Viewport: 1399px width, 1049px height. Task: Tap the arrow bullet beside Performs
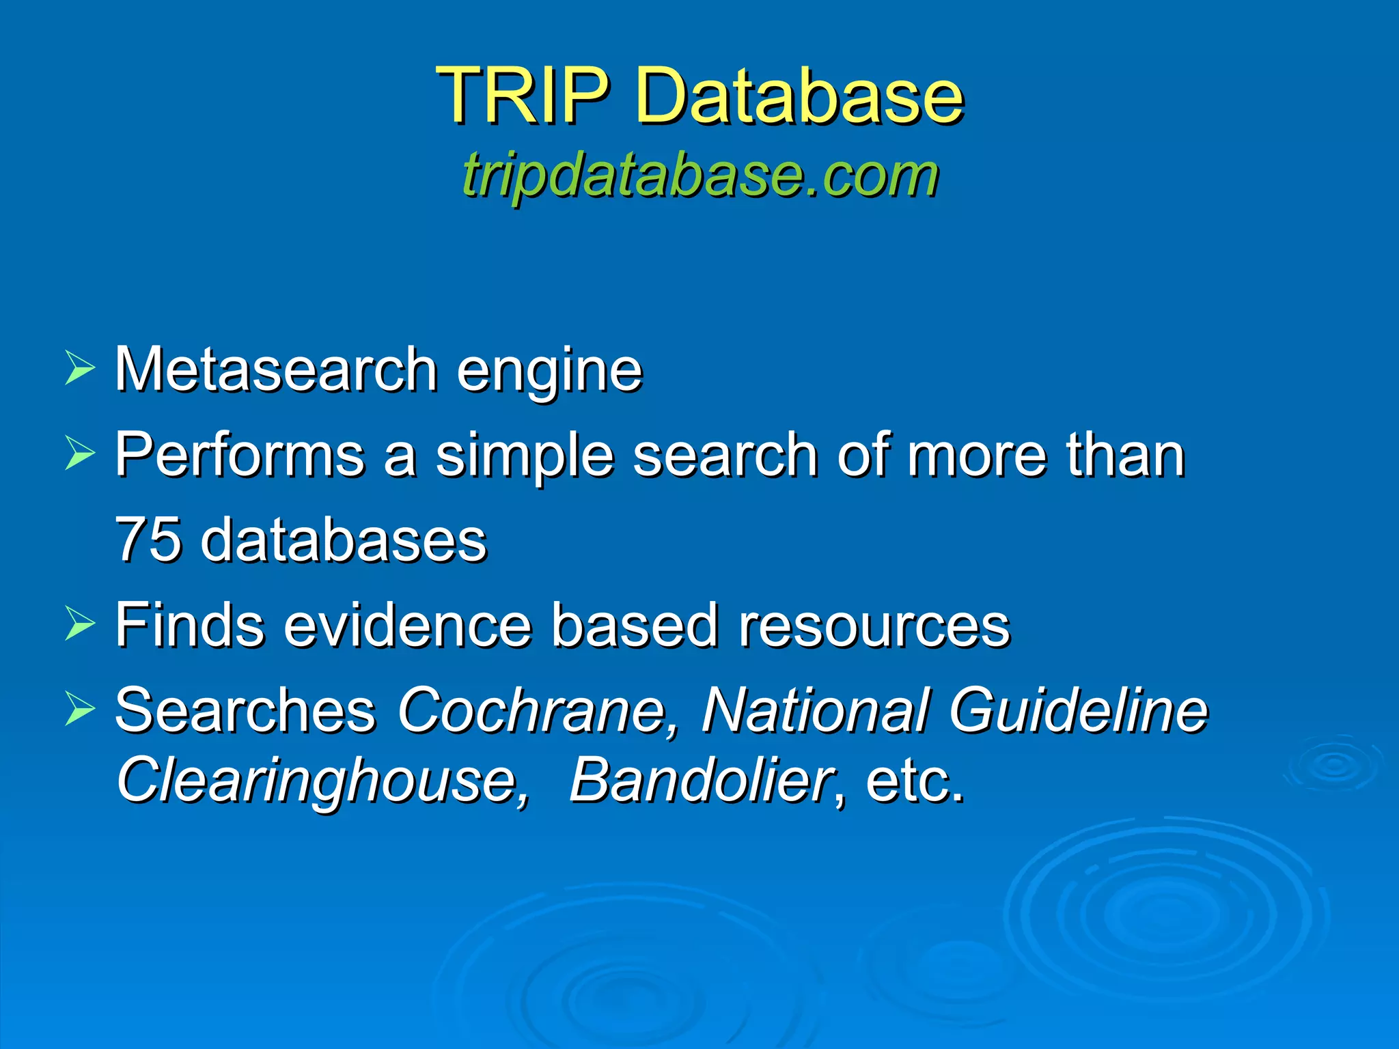click(x=80, y=453)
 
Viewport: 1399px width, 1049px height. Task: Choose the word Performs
click(x=239, y=456)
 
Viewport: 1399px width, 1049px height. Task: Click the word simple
click(x=524, y=456)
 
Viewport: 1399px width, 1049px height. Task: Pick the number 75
click(x=148, y=540)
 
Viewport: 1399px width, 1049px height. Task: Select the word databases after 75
click(x=344, y=540)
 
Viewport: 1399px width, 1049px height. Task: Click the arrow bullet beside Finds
click(x=80, y=624)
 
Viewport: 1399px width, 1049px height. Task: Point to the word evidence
click(x=407, y=625)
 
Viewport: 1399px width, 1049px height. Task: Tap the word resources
click(x=874, y=625)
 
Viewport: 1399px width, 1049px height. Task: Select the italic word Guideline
click(x=1078, y=710)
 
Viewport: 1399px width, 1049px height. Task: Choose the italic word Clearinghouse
click(x=322, y=782)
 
